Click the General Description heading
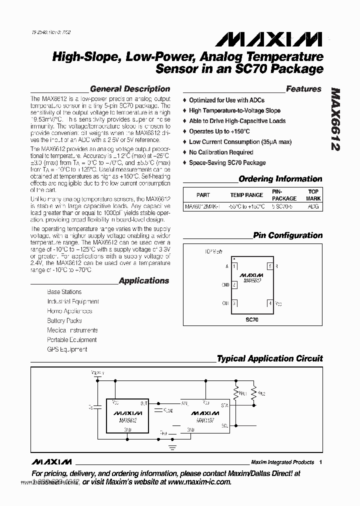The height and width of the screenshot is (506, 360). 129,89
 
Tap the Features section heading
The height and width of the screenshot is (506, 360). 303,89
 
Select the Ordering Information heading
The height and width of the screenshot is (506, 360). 280,179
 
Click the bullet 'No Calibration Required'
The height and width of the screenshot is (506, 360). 220,152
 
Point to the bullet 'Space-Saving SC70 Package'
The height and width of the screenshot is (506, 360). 227,162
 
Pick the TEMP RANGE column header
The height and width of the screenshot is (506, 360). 246,195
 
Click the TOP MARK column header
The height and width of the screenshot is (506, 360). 313,195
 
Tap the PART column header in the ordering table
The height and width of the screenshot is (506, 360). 203,195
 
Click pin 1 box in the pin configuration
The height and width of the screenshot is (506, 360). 234,266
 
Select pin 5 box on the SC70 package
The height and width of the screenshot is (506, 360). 270,266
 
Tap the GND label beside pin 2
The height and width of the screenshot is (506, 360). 225,285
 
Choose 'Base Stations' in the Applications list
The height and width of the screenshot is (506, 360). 64,291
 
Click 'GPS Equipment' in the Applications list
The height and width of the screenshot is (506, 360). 67,349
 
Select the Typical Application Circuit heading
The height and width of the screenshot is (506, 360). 269,358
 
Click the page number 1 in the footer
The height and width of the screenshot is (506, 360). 320,462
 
